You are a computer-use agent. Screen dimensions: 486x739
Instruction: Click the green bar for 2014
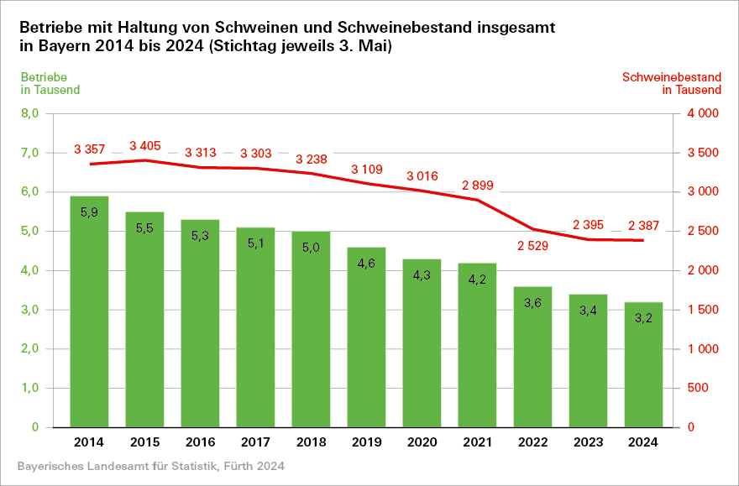coord(89,311)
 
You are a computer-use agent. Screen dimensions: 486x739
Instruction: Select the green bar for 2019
coord(366,336)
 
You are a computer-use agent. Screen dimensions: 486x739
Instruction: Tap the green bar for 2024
coord(643,363)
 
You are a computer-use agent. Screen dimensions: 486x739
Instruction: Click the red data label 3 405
coord(144,146)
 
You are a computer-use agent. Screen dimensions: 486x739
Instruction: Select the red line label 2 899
coord(477,185)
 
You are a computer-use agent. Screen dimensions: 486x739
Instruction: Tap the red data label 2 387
coord(643,225)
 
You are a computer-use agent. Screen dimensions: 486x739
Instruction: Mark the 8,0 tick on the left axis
coord(30,113)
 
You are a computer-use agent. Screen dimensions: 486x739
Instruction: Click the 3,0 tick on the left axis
coord(30,310)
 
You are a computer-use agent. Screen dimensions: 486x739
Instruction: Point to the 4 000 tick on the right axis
coord(704,113)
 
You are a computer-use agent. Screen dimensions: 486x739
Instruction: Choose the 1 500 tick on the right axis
coord(704,310)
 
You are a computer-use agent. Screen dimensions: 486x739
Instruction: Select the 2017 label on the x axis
coord(255,442)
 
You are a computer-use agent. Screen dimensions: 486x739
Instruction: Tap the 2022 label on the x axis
coord(532,442)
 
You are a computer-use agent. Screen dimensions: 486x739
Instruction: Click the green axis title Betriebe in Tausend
coord(50,83)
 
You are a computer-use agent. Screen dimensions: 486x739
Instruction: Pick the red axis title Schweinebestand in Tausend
coord(671,83)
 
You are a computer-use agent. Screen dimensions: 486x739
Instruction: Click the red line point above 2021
coord(477,200)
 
